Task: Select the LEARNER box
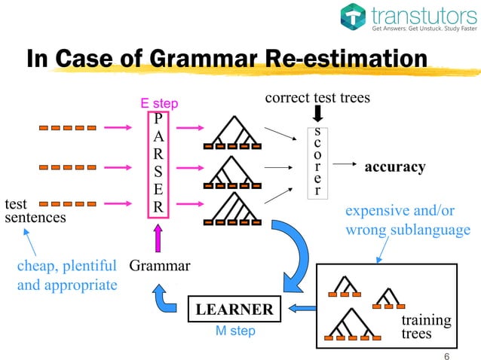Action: click(x=234, y=310)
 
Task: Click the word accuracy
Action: click(x=395, y=166)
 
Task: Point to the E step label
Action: click(x=159, y=102)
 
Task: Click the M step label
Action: click(x=234, y=331)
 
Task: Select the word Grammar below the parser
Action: click(x=160, y=265)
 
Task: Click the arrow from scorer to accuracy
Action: click(x=345, y=163)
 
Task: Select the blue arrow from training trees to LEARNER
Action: click(x=303, y=307)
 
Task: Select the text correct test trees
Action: click(x=317, y=98)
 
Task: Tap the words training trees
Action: click(x=426, y=326)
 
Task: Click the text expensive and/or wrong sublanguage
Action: click(x=407, y=220)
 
